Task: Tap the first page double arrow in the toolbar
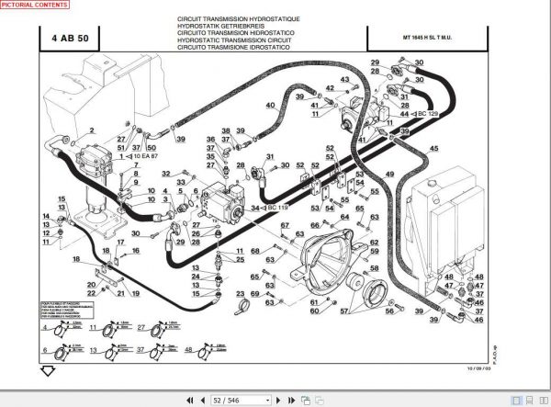point(188,400)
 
